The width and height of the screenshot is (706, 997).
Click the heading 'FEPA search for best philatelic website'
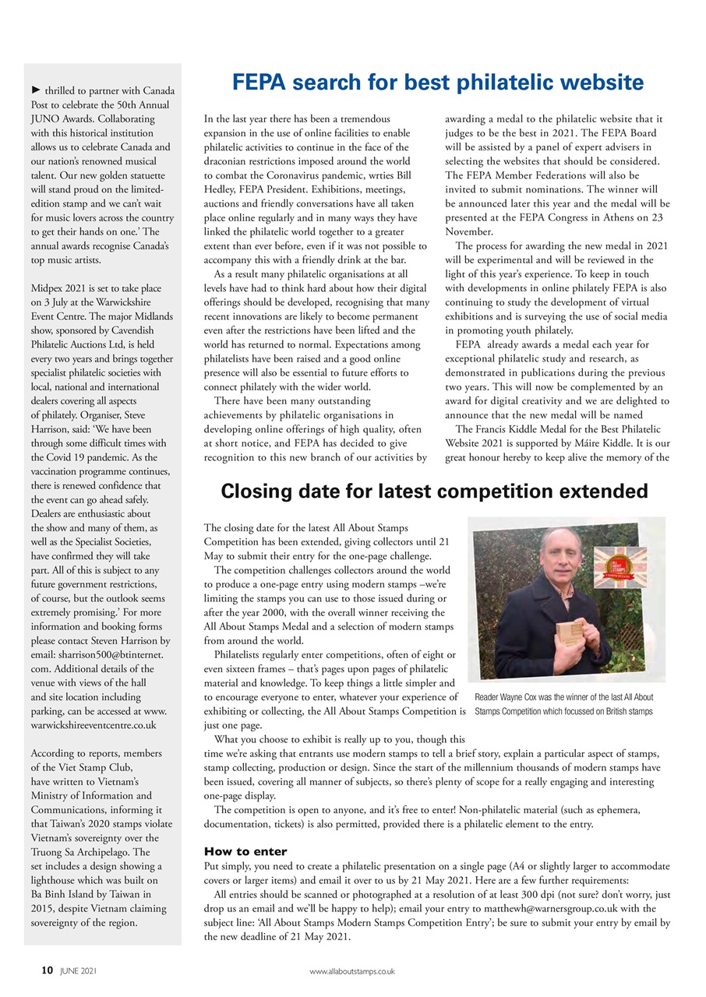pos(437,83)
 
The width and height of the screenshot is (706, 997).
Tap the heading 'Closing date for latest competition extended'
pos(434,491)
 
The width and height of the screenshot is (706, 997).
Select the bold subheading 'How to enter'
pos(245,851)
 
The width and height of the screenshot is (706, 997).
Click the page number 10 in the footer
pos(47,971)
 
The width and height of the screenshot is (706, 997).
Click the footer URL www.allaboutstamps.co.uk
pos(352,971)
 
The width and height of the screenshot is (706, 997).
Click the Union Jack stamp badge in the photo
pos(620,565)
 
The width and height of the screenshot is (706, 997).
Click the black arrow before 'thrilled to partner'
pos(35,91)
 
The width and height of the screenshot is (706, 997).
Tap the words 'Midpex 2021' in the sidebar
pos(62,287)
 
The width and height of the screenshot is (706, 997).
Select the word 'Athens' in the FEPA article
pos(600,218)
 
